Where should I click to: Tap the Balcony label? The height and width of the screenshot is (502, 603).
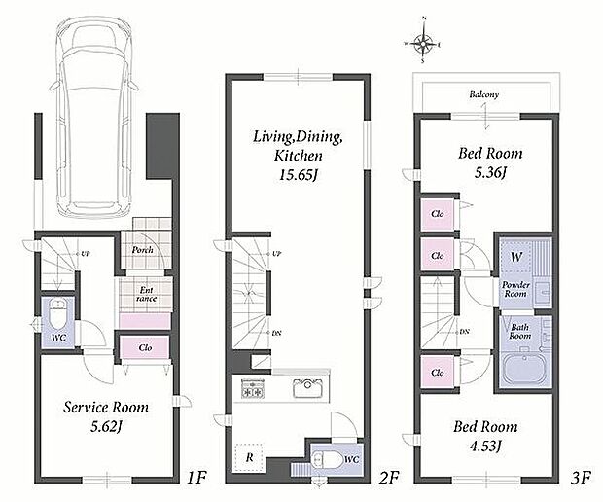(483, 94)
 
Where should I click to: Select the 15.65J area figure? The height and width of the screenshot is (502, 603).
(299, 175)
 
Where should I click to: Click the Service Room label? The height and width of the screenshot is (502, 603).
(106, 408)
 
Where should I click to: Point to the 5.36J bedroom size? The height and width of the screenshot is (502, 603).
(489, 173)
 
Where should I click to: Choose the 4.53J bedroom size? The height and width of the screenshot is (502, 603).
(485, 446)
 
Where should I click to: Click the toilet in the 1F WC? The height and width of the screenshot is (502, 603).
(58, 313)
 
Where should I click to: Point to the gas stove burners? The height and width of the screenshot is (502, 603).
(253, 388)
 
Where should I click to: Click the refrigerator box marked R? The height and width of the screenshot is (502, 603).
(249, 458)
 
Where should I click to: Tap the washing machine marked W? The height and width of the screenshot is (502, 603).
(516, 257)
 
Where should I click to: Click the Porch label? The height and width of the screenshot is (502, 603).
(142, 250)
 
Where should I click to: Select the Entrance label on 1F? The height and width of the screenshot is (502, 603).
(146, 294)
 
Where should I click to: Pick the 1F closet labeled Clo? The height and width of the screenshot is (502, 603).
(145, 347)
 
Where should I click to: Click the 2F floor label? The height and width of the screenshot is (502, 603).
(388, 478)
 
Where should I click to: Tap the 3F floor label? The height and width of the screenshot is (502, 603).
(580, 478)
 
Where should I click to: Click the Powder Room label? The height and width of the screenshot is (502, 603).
(515, 289)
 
